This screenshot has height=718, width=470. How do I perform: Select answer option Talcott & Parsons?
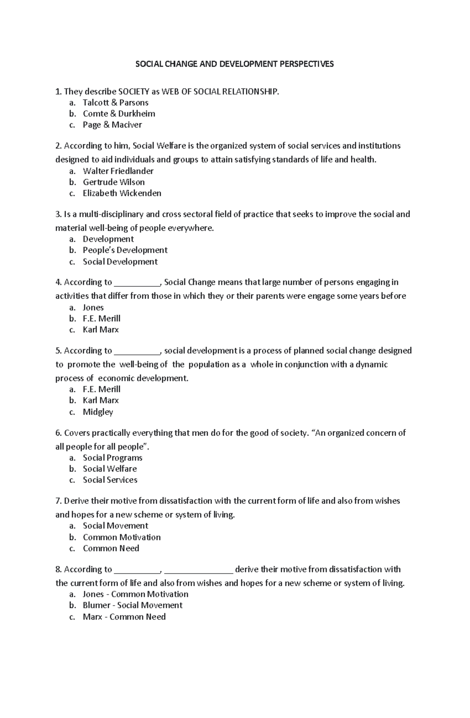pyautogui.click(x=115, y=103)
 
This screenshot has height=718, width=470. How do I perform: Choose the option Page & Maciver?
pyautogui.click(x=112, y=125)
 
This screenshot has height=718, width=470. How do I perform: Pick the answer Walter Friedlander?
pyautogui.click(x=118, y=171)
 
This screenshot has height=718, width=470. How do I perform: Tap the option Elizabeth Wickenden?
pyautogui.click(x=122, y=193)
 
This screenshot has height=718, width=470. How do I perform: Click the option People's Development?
pyautogui.click(x=125, y=250)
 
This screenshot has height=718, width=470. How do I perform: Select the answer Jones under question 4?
pyautogui.click(x=93, y=308)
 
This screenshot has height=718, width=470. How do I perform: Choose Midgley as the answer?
pyautogui.click(x=98, y=412)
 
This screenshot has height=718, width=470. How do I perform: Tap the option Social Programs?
pyautogui.click(x=112, y=458)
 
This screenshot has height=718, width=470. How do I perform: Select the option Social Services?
pyautogui.click(x=110, y=480)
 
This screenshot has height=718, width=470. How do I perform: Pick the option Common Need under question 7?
pyautogui.click(x=111, y=548)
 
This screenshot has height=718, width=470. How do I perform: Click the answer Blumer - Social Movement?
pyautogui.click(x=132, y=605)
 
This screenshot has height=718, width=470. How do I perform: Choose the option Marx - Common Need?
pyautogui.click(x=124, y=617)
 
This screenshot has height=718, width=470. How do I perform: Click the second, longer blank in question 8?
pyautogui.click(x=199, y=571)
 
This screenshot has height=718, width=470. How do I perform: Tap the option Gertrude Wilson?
pyautogui.click(x=114, y=182)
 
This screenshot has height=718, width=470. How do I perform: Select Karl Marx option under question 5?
pyautogui.click(x=100, y=400)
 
